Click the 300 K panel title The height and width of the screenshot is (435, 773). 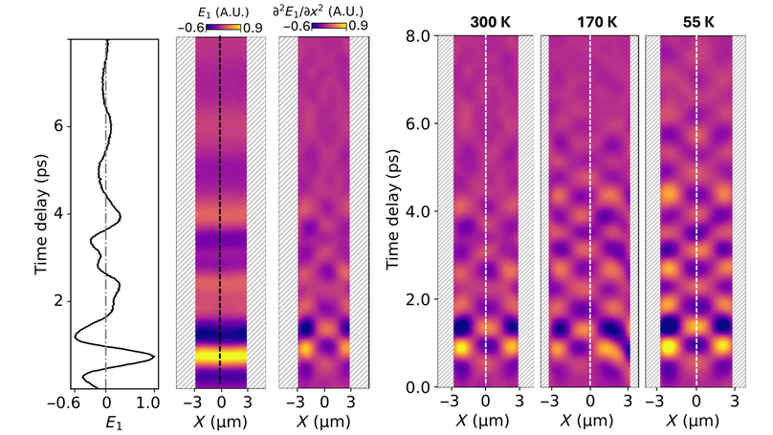click(485, 20)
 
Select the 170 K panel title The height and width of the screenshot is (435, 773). click(590, 20)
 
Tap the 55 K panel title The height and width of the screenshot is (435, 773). click(696, 20)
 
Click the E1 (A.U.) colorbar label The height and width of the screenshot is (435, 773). click(221, 12)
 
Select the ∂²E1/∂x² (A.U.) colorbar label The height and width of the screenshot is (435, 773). click(322, 12)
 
